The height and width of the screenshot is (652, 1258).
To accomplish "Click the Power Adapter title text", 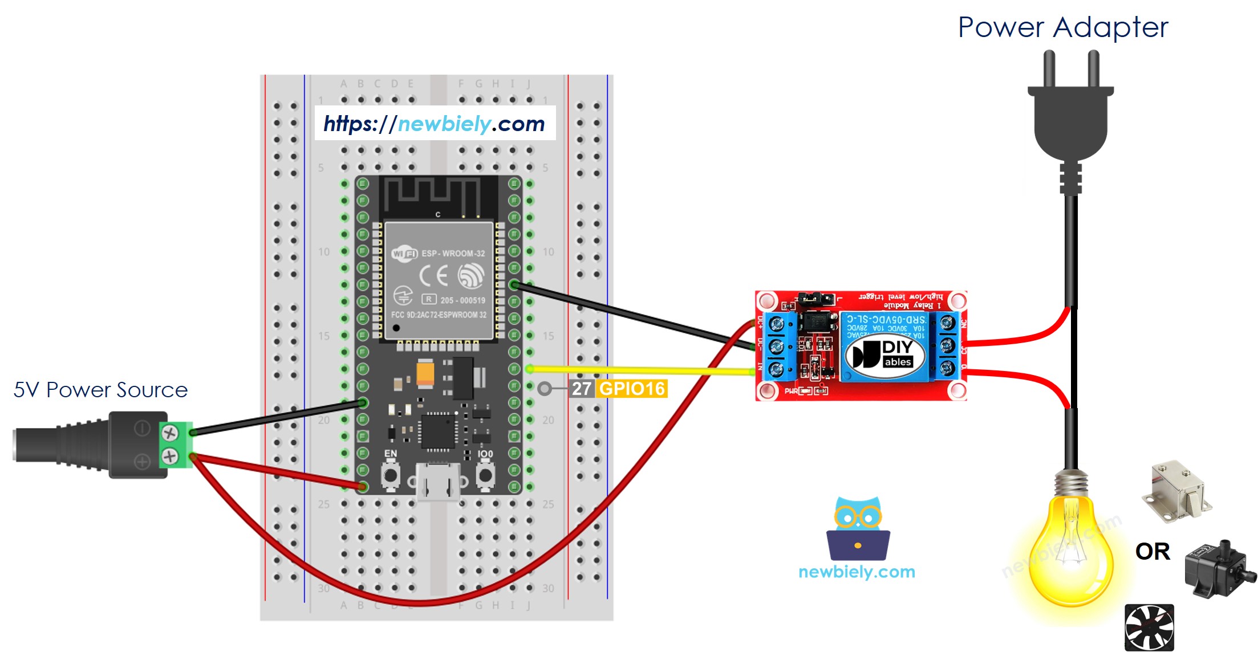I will [x=1063, y=27].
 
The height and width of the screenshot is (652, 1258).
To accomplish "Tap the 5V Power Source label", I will [x=100, y=390].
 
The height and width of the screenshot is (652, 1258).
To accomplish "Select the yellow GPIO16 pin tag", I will [x=632, y=389].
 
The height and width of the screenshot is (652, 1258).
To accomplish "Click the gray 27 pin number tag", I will [x=581, y=389].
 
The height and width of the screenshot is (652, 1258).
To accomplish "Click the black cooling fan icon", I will [x=1149, y=627].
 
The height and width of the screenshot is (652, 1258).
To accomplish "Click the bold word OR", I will [x=1152, y=551].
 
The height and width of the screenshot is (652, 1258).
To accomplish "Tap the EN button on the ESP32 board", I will [x=390, y=475].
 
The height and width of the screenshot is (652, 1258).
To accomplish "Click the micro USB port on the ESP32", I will [x=437, y=482].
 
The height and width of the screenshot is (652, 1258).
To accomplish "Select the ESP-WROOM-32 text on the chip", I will [x=453, y=253].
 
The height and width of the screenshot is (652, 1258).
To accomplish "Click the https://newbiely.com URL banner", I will [x=435, y=123].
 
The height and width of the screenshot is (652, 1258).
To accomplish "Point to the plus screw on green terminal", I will [x=169, y=456].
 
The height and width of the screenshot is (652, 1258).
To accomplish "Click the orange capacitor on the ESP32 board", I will [x=425, y=374].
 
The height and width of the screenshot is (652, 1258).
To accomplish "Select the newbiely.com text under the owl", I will [x=857, y=572].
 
